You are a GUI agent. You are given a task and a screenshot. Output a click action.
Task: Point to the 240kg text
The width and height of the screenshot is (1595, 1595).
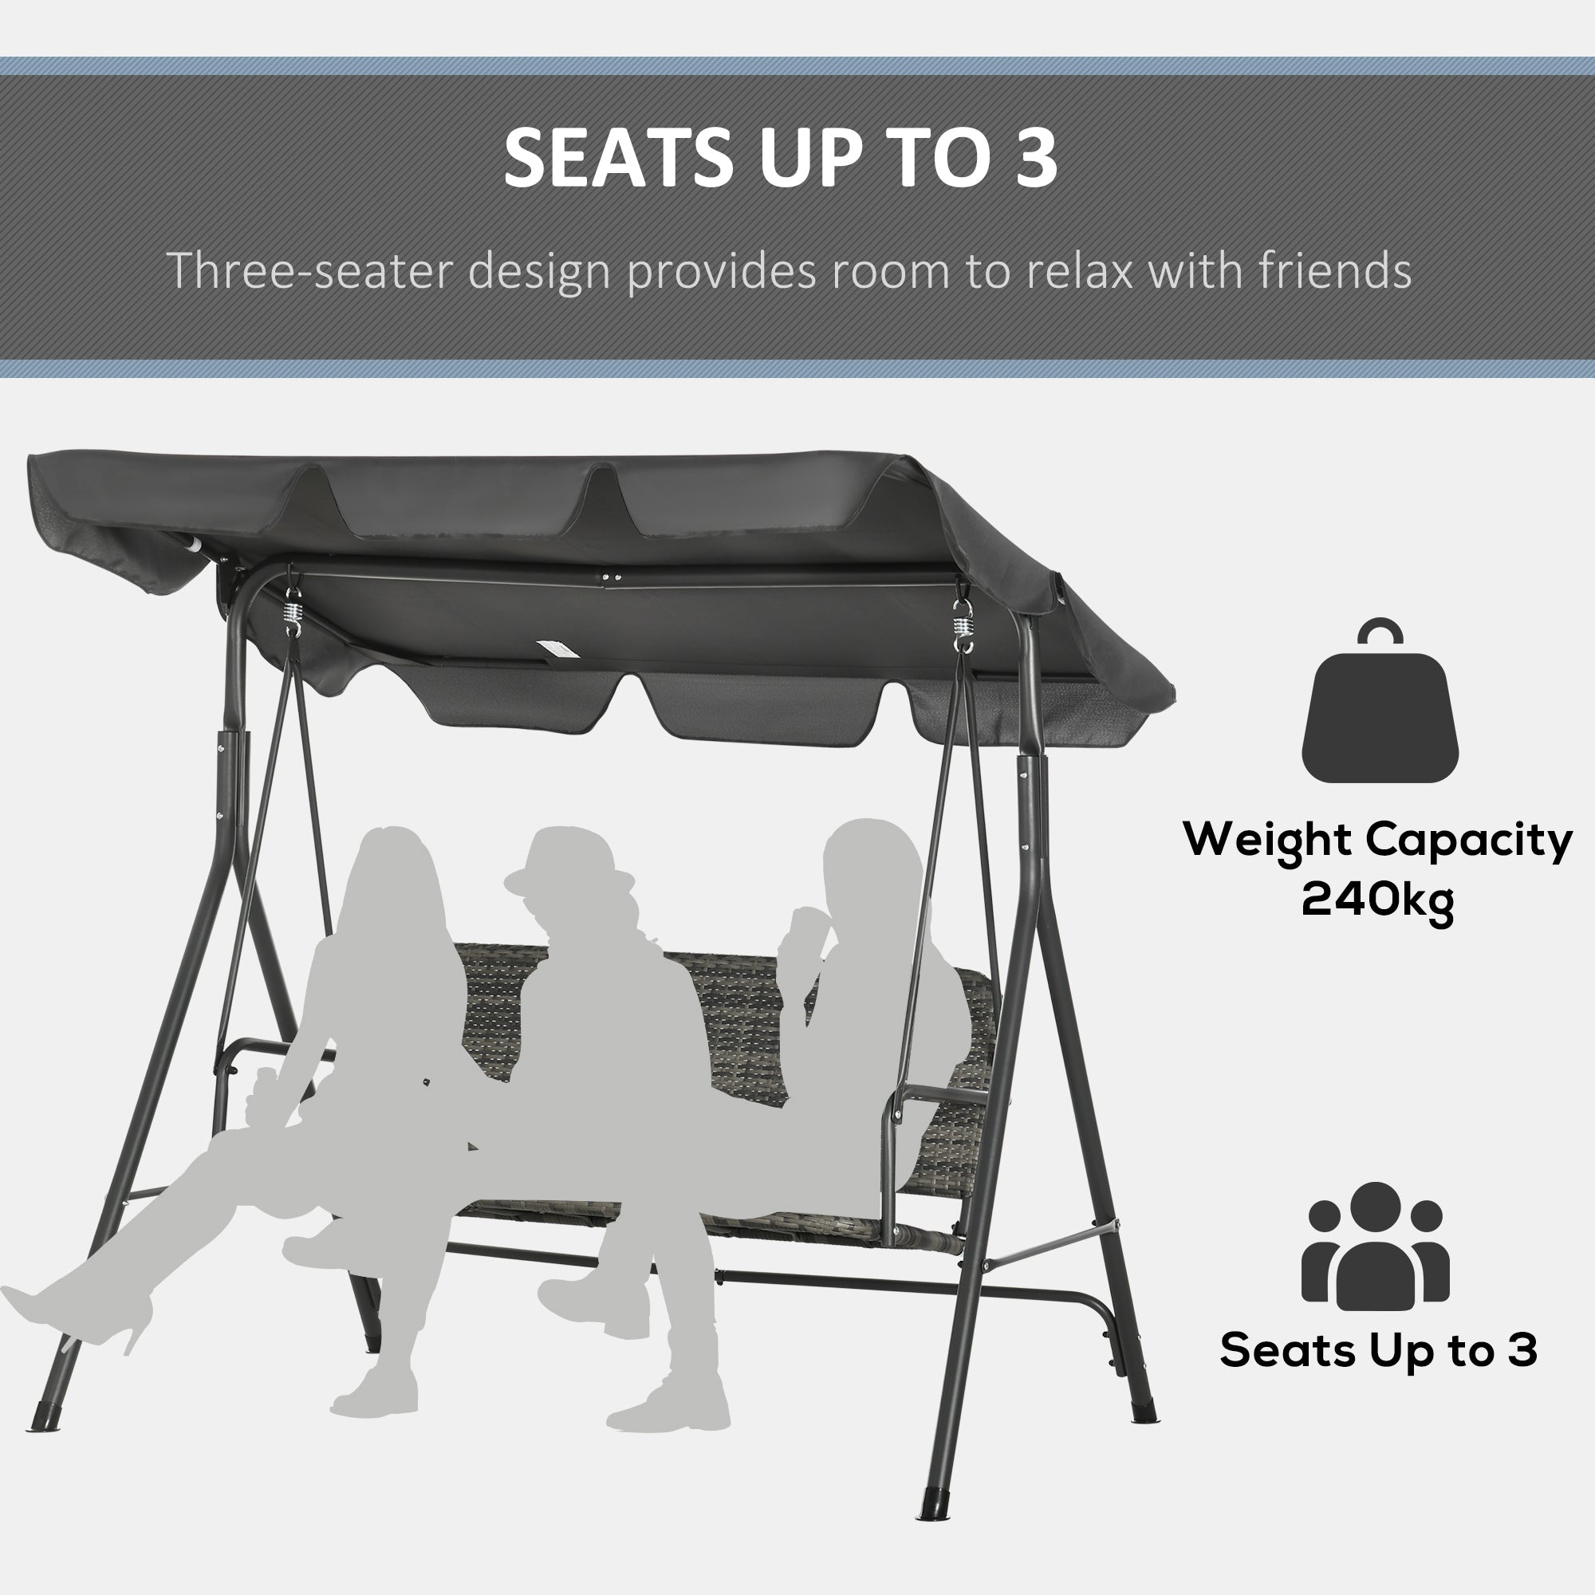click(1377, 899)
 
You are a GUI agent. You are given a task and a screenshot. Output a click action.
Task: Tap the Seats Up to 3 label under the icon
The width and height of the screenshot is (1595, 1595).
click(1379, 1351)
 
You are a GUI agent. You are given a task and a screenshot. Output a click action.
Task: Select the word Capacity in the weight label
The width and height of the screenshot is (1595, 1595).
click(1468, 841)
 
